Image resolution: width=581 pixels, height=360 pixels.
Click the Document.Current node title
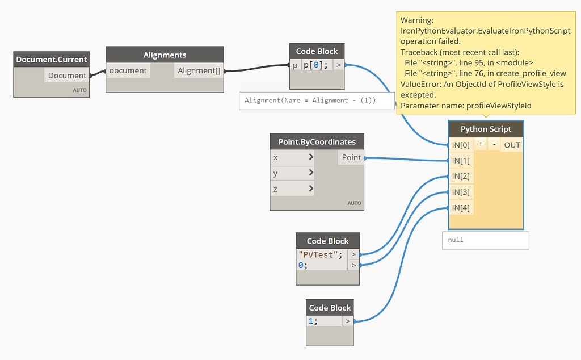(51, 59)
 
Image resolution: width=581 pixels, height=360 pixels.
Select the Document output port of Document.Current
(67, 76)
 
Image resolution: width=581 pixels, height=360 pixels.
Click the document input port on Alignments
(128, 70)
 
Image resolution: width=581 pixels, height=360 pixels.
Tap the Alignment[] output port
(199, 70)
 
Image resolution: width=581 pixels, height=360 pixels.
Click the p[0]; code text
(315, 65)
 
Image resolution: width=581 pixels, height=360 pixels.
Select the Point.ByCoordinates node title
(317, 141)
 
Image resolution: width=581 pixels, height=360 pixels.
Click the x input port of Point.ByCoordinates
(292, 157)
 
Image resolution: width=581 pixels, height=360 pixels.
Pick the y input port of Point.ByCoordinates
(292, 173)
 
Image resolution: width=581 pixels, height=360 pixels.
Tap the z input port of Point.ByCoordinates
(292, 189)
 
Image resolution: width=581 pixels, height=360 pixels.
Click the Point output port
(351, 157)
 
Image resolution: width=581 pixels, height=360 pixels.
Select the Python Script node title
(486, 129)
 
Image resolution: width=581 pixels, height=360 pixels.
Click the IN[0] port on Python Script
(461, 145)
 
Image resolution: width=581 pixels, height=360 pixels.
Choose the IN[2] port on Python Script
(461, 176)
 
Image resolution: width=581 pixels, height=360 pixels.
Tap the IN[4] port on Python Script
(461, 208)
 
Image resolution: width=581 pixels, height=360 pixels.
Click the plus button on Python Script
(481, 144)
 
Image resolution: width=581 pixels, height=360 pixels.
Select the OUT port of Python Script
(512, 145)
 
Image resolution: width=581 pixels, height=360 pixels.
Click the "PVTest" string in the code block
(318, 255)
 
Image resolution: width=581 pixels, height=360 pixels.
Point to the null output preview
(486, 240)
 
